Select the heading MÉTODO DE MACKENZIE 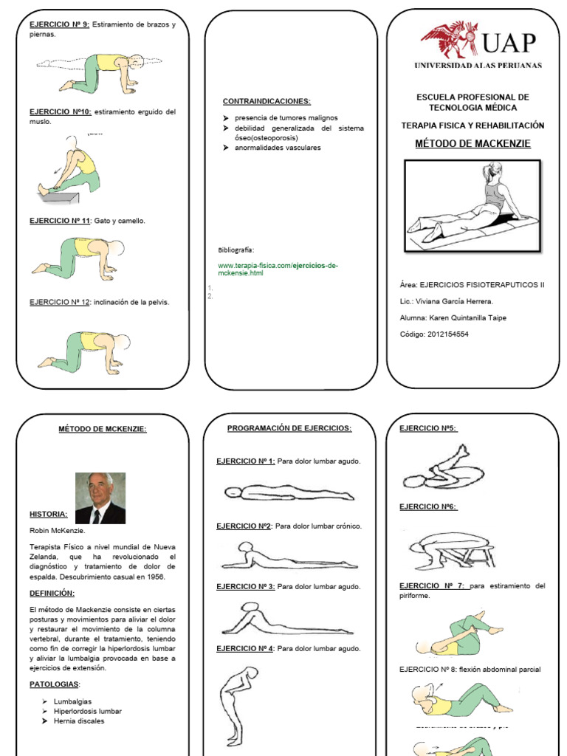coord(472,143)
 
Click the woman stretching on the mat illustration coord(472,206)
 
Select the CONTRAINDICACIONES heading coord(267,101)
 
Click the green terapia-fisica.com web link coord(278,269)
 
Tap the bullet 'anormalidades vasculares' coord(277,148)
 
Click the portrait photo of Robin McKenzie coord(100,498)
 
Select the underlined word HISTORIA coord(49,514)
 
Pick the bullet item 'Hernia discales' coord(79,721)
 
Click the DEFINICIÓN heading coord(52,594)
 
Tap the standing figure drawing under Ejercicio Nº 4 coord(237,706)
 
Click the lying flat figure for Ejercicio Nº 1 coord(288,492)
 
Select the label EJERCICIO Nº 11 coord(60,221)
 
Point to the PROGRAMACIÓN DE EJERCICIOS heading coord(289,428)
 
